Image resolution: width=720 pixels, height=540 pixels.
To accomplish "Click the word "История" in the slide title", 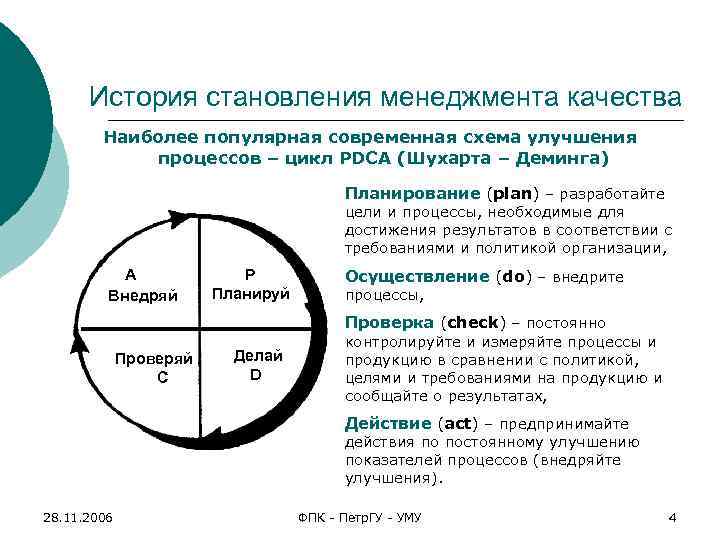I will point(141,98).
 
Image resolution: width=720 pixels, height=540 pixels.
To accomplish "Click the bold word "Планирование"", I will point(412,193).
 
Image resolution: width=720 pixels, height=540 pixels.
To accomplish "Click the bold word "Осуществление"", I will point(416,277).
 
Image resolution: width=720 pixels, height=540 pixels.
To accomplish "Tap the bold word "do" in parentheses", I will point(512,277).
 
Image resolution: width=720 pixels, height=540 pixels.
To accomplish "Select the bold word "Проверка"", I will point(389,323).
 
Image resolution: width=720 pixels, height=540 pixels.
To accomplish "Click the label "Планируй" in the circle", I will point(250,294).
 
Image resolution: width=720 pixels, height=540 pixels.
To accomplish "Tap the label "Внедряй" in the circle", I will point(143,296).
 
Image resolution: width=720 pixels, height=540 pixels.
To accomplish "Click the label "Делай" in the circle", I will point(257,356).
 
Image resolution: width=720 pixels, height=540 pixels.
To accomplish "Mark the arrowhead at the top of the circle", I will point(180,217).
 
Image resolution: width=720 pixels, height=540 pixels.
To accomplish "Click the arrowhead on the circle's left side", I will point(76,346).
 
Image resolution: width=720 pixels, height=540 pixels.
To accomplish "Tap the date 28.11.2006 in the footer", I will point(78,517).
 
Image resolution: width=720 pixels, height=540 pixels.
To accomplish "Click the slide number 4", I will point(672,517).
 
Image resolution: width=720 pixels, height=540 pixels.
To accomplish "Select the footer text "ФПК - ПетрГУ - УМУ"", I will point(360,517).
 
